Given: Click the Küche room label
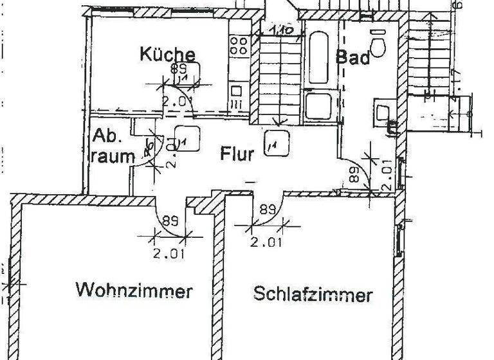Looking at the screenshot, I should tap(167, 54).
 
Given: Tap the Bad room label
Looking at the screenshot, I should tap(353, 57).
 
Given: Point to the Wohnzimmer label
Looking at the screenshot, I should tap(134, 291).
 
